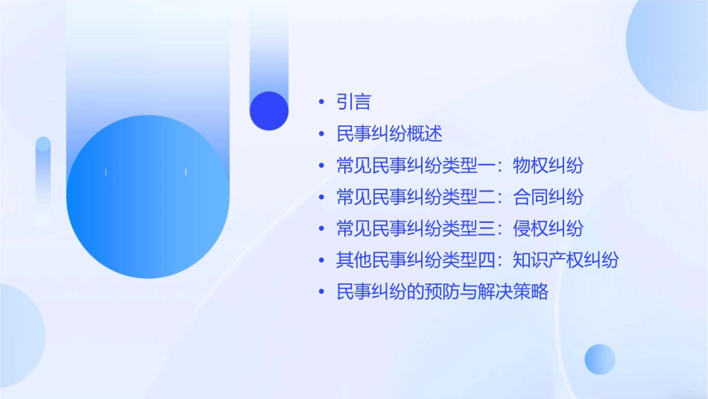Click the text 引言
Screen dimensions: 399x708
(x=354, y=102)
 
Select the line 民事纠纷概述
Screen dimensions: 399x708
(x=390, y=134)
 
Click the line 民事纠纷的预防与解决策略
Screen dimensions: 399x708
(x=443, y=292)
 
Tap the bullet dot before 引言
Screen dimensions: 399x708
(x=321, y=103)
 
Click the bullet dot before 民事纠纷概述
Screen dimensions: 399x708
(x=321, y=135)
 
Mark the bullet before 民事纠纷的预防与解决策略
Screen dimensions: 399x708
(x=321, y=292)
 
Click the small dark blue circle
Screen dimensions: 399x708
(x=269, y=110)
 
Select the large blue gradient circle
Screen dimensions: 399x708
(x=148, y=197)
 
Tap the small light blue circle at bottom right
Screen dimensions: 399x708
(x=600, y=359)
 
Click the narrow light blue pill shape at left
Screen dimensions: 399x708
(x=43, y=179)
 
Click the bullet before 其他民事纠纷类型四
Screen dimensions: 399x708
(x=321, y=261)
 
